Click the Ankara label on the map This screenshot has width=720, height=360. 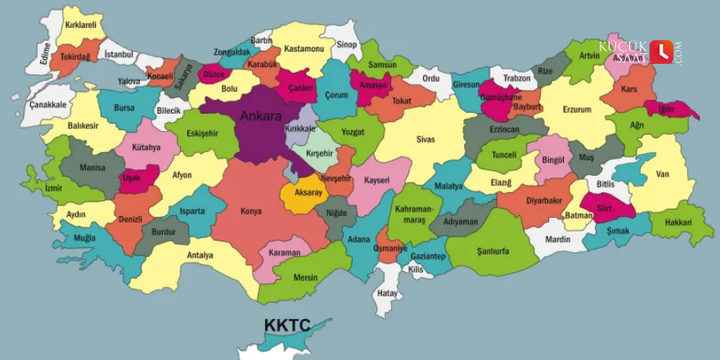click(x=260, y=116)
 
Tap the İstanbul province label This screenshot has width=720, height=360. click(x=119, y=54)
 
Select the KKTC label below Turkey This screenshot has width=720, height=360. click(x=286, y=326)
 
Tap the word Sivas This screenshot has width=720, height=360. click(x=425, y=140)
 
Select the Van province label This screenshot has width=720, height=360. click(x=664, y=173)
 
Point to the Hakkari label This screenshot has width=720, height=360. click(x=679, y=220)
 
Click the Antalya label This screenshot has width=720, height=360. click(x=200, y=255)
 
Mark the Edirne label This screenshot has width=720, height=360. click(x=45, y=52)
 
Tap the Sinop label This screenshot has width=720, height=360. click(x=348, y=43)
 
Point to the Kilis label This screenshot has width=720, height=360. click(x=416, y=269)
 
